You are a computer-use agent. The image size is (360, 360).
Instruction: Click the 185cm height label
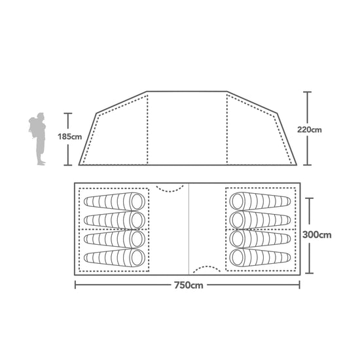pos(69,137)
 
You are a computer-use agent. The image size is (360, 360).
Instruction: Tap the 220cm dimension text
pos(309,130)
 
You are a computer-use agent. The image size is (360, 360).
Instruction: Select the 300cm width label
pos(317,234)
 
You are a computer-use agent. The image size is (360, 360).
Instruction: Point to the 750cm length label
pos(189,285)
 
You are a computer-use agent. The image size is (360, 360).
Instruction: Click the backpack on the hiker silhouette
pos(33,128)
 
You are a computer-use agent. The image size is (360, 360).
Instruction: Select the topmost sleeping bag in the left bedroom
pos(115,202)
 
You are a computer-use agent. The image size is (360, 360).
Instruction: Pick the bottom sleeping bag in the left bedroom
pos(115,258)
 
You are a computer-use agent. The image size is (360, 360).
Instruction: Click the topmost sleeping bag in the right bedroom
pos(260,201)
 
